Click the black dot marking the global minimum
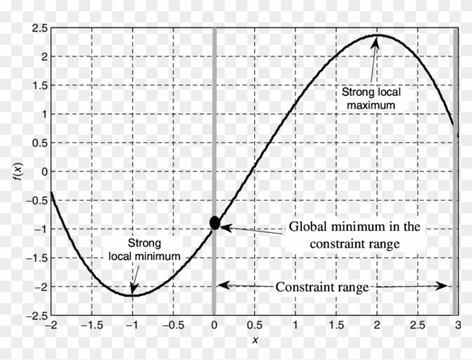(214, 222)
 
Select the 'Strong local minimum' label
(144, 250)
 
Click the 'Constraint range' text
(321, 287)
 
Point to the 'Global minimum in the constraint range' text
(354, 235)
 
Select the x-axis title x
(255, 341)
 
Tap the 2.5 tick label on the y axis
(39, 28)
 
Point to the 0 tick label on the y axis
(44, 171)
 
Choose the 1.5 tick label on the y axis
(39, 85)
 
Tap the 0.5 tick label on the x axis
(255, 326)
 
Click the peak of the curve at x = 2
(376, 35)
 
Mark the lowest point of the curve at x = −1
(133, 295)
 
